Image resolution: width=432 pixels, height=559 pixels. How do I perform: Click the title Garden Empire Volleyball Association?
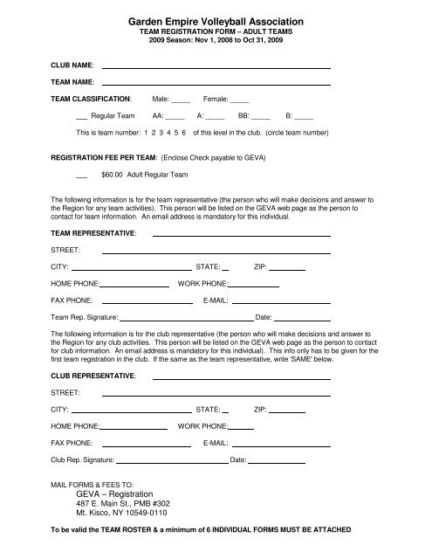point(215,19)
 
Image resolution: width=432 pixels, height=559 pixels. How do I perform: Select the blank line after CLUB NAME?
point(217,66)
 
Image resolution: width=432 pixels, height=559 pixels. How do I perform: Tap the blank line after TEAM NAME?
point(217,83)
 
